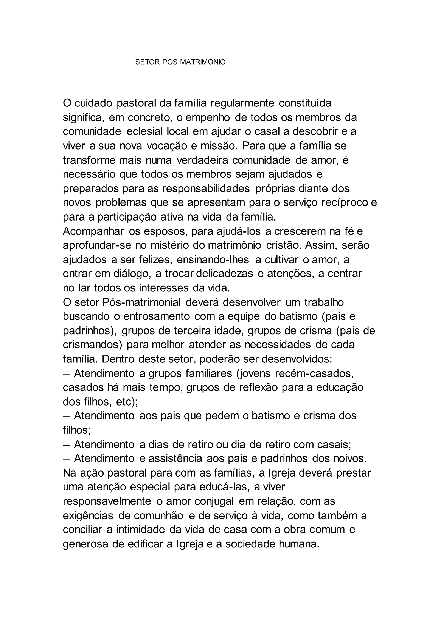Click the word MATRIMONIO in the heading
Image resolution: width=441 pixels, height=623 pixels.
(x=203, y=62)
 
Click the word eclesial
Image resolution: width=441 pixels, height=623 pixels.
(x=144, y=132)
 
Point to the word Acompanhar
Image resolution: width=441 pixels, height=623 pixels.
(x=93, y=231)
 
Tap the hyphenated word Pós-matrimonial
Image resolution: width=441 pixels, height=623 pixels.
(x=142, y=302)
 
